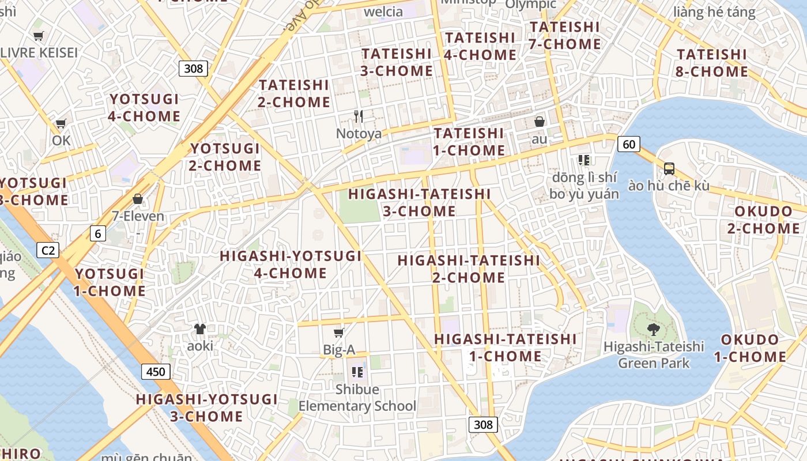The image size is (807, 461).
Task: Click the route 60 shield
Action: click(628, 144)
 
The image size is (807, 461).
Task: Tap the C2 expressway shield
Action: click(48, 250)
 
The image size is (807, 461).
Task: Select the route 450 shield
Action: click(156, 372)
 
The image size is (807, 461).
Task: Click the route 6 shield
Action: click(98, 233)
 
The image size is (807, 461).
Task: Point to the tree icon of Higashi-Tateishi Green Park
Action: click(653, 330)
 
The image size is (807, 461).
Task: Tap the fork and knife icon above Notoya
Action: click(359, 116)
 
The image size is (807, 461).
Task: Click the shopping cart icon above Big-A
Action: click(339, 332)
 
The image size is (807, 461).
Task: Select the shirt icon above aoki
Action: click(199, 329)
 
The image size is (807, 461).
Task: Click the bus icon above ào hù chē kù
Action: click(669, 168)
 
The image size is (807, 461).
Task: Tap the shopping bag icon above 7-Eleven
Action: click(138, 199)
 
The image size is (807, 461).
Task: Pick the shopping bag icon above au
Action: click(540, 122)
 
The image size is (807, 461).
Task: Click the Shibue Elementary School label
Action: click(357, 398)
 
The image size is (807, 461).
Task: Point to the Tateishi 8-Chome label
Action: click(712, 63)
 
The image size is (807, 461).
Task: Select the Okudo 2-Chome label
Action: click(763, 220)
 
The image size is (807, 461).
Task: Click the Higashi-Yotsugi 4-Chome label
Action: click(291, 264)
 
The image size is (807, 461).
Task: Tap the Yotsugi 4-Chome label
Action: click(144, 107)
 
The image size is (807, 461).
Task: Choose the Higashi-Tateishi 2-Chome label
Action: click(469, 269)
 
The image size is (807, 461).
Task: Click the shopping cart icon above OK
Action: click(61, 123)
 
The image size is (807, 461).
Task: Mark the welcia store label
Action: click(383, 12)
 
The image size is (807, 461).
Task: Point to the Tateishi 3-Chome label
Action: click(397, 62)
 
